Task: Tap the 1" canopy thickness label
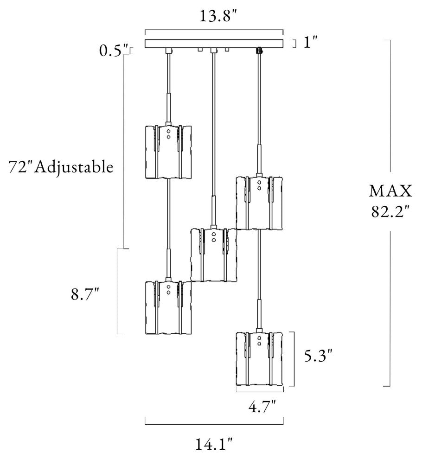tap(310, 43)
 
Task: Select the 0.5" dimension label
tap(114, 51)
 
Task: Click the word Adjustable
tap(74, 168)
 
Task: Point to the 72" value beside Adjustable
tap(20, 167)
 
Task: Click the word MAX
tap(390, 191)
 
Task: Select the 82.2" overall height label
tap(390, 211)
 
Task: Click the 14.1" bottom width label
tap(214, 445)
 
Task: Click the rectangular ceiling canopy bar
tap(214, 44)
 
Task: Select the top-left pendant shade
tap(168, 152)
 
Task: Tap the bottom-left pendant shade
tap(168, 307)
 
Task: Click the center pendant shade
tap(213, 255)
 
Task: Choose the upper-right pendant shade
tap(259, 203)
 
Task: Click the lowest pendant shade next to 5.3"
tap(259, 358)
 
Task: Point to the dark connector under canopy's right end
tap(259, 51)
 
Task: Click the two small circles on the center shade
tap(214, 237)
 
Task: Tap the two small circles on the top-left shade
tap(168, 134)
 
